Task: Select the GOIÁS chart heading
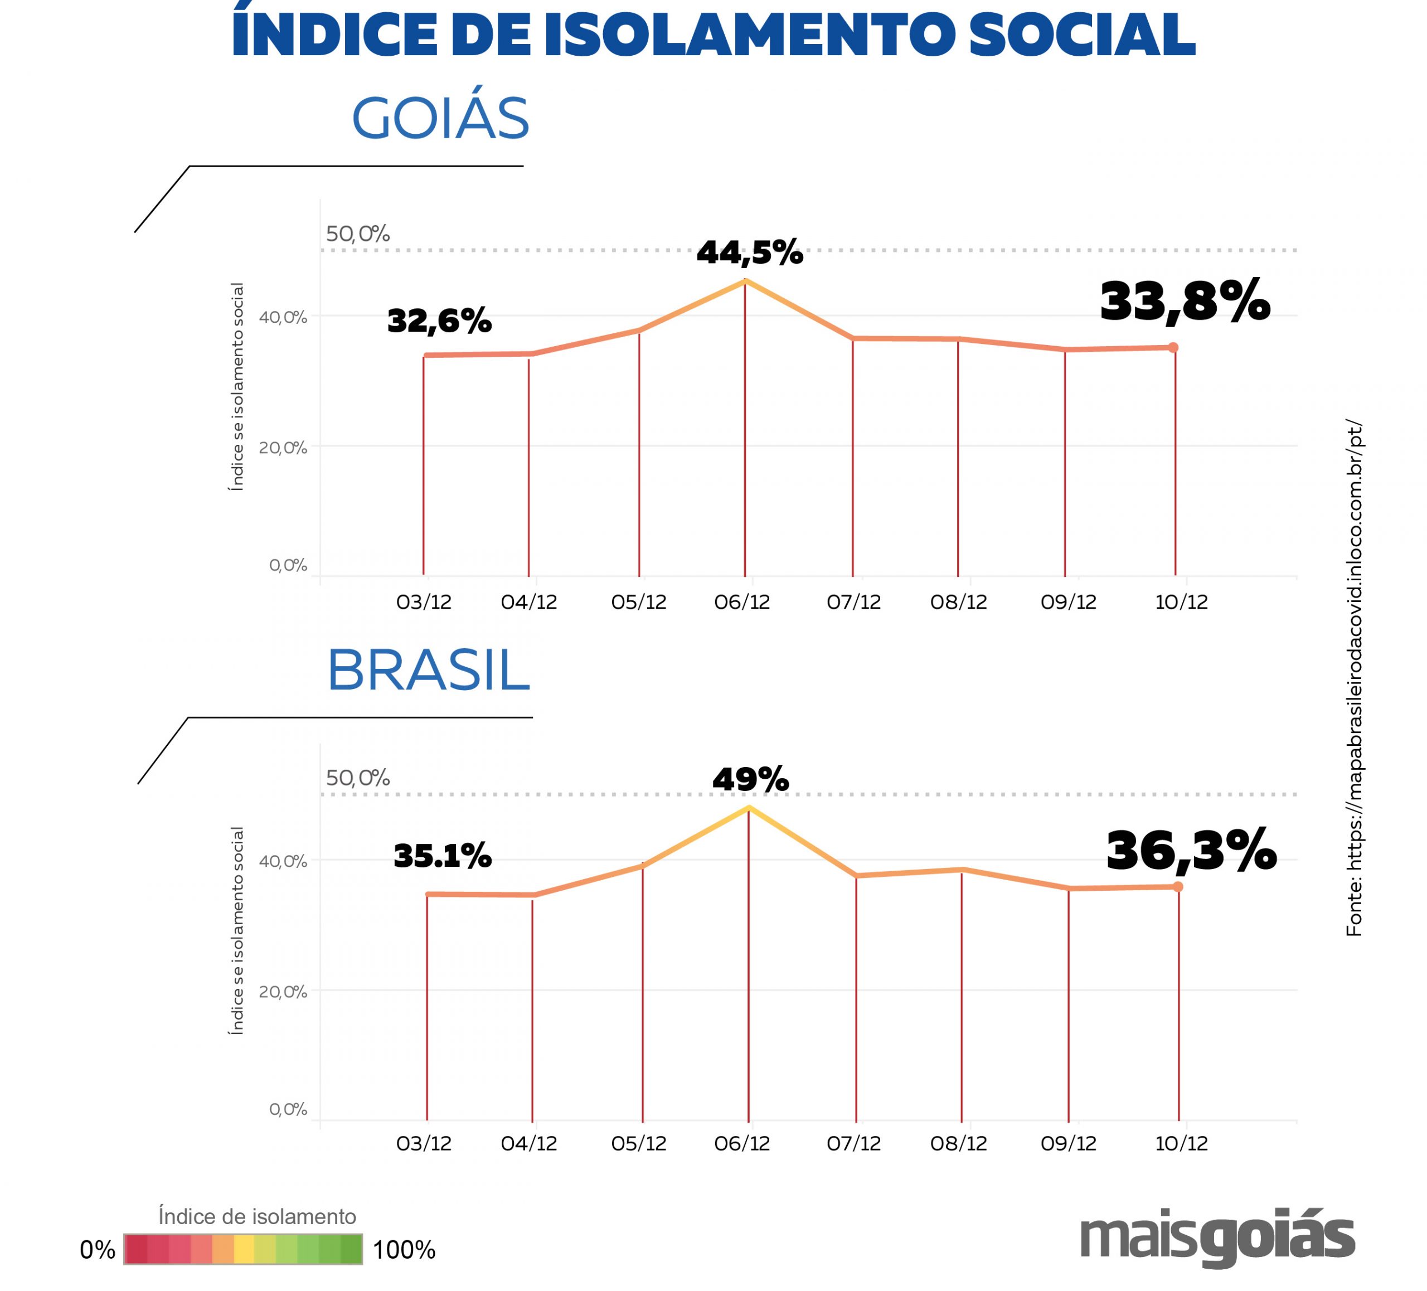(x=440, y=118)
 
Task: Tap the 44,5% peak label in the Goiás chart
(x=750, y=253)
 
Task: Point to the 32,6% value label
(x=439, y=321)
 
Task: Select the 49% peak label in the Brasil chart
(x=750, y=779)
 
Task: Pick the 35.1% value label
(x=443, y=856)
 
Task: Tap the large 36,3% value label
(x=1191, y=851)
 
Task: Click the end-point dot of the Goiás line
(x=1173, y=347)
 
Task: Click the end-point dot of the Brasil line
(x=1178, y=887)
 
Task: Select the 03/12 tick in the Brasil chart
(x=423, y=1144)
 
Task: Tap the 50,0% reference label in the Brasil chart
(x=357, y=778)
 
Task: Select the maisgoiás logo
(x=1217, y=1238)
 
